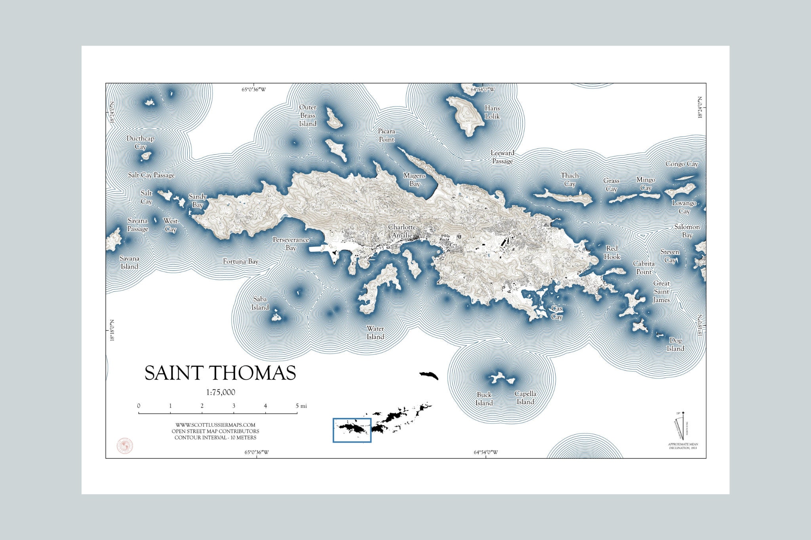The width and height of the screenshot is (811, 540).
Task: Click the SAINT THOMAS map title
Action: pyautogui.click(x=220, y=373)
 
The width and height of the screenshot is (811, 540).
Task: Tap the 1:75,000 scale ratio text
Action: pyautogui.click(x=221, y=392)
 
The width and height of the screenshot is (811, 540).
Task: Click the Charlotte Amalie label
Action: pyautogui.click(x=402, y=231)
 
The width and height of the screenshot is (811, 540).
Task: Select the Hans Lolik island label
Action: pyautogui.click(x=492, y=112)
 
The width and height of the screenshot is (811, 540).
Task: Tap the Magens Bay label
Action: pyautogui.click(x=414, y=179)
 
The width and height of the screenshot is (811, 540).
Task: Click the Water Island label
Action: pyautogui.click(x=375, y=333)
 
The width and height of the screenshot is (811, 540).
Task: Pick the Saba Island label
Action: pyautogui.click(x=260, y=303)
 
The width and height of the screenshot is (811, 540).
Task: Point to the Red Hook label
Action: pyautogui.click(x=612, y=253)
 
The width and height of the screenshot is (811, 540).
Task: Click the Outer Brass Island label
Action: pyautogui.click(x=308, y=115)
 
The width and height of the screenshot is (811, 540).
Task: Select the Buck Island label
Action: pyautogui.click(x=484, y=399)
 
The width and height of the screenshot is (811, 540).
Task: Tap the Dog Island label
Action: pyautogui.click(x=675, y=344)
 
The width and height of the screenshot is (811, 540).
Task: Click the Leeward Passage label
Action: pyautogui.click(x=502, y=157)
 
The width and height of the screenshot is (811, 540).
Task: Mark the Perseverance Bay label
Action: pyautogui.click(x=291, y=243)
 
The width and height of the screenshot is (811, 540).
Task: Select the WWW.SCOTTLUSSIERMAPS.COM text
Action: pyautogui.click(x=215, y=425)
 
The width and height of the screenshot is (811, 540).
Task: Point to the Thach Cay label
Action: pyautogui.click(x=569, y=179)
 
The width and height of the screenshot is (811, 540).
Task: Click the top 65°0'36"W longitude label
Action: pyautogui.click(x=254, y=89)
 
